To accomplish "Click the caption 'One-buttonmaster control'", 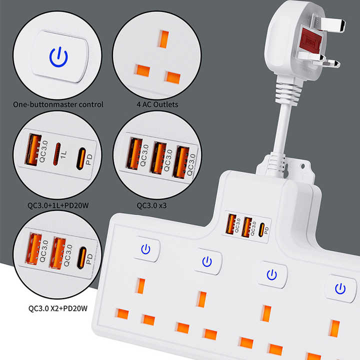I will (58, 105).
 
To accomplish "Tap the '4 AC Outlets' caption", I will (157, 105).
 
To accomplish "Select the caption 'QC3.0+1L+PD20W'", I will (58, 204).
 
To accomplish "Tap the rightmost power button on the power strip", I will (340, 288).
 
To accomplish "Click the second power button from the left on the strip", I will (207, 260).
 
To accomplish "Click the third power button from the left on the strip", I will (271, 274).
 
